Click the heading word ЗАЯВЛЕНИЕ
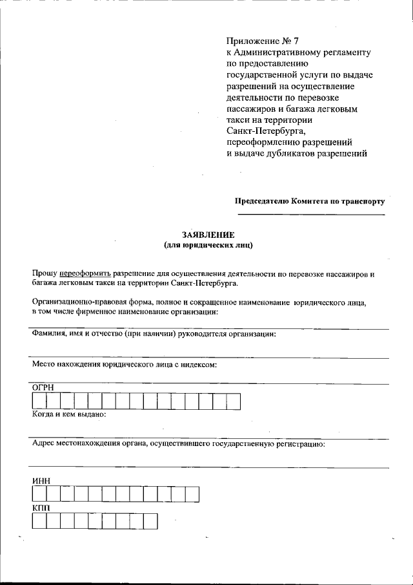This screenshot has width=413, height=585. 208,234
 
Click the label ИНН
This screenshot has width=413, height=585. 41,481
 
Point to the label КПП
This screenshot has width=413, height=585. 41,508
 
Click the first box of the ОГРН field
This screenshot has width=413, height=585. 39,401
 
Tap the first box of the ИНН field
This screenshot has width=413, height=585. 39,495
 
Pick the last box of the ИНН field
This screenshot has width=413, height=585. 192,495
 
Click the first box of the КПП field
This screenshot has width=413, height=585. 39,521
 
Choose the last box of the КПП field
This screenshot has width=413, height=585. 150,521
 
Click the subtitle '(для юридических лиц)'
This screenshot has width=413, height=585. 208,245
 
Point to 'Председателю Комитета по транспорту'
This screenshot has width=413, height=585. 309,201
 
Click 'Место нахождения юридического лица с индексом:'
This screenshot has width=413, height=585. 124,364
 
